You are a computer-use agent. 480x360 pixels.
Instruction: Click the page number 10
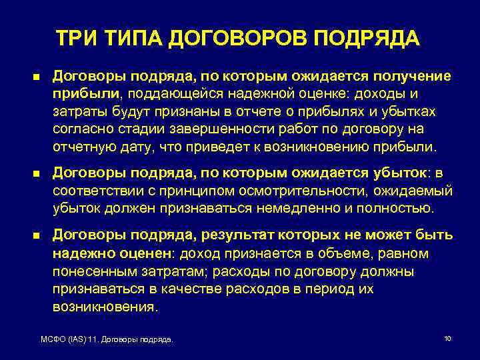click(447, 339)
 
